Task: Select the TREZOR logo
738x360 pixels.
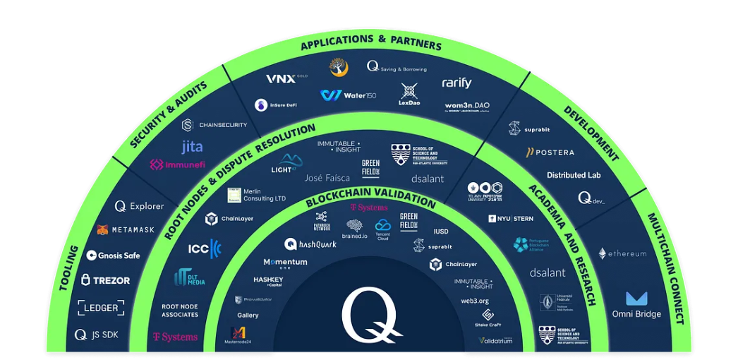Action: [106, 280]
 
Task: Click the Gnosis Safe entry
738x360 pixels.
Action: [113, 256]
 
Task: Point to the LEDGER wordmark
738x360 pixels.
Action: [100, 308]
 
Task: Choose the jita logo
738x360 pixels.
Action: [192, 147]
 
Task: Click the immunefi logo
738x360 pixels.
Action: [176, 164]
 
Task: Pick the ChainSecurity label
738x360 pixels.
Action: [214, 125]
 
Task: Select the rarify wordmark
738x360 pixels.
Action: [456, 83]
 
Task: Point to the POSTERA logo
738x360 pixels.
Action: [550, 152]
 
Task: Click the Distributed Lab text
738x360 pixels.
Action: [574, 175]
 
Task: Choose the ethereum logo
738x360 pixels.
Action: [622, 253]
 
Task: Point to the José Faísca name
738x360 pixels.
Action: [327, 178]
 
